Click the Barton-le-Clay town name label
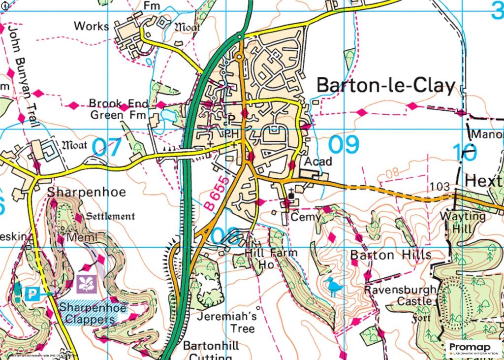(x=385, y=86)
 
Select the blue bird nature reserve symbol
(x=333, y=287)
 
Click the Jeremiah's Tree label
(x=225, y=322)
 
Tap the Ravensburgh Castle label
(x=400, y=295)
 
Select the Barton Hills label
(x=391, y=255)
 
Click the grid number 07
(x=106, y=147)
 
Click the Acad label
(x=319, y=162)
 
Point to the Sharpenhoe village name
(x=87, y=192)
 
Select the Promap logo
(x=472, y=348)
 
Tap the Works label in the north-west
(x=91, y=26)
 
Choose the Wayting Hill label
(x=462, y=222)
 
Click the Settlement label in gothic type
(x=110, y=216)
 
